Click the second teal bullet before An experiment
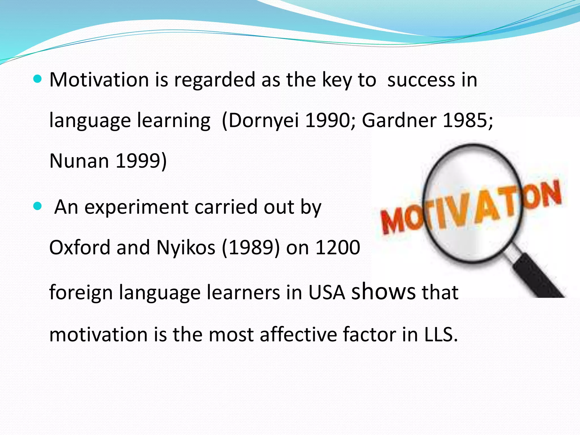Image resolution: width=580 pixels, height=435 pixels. pos(37,206)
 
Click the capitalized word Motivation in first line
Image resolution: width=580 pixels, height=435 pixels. pos(99,80)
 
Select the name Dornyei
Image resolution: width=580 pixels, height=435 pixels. pos(263,120)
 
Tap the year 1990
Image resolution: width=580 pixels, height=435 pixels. pos(328,120)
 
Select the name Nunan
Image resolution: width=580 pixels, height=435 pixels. pos(79,161)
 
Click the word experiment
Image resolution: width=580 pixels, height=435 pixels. pos(137,207)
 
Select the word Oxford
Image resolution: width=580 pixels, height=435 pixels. pos(80,248)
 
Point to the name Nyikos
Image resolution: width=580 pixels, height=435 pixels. pos(185,248)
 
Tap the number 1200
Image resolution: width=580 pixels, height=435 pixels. pos(338,248)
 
